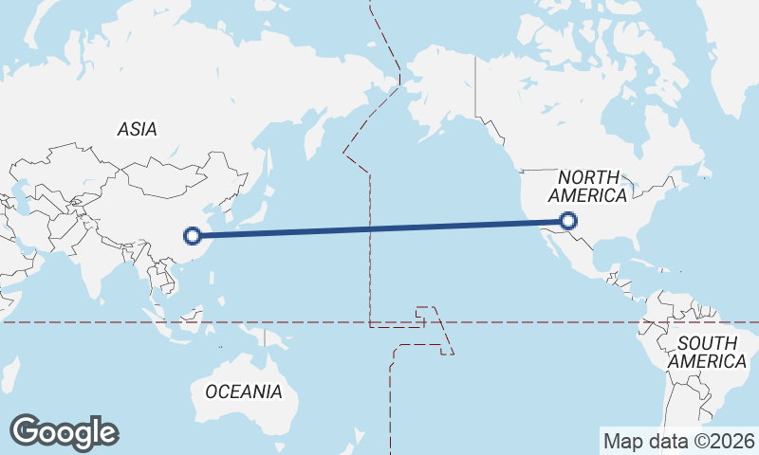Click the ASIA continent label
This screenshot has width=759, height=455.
point(138,130)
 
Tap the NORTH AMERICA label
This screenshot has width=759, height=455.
point(588,187)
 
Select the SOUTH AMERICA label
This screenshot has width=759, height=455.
point(707,352)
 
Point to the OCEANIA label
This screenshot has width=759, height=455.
point(244,391)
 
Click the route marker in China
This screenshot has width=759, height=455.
point(193,235)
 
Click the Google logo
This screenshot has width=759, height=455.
point(64,431)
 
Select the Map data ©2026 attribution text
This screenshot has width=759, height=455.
point(679,441)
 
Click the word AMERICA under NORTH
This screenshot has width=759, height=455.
point(588,196)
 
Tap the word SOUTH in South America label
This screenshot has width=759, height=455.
point(707,342)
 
